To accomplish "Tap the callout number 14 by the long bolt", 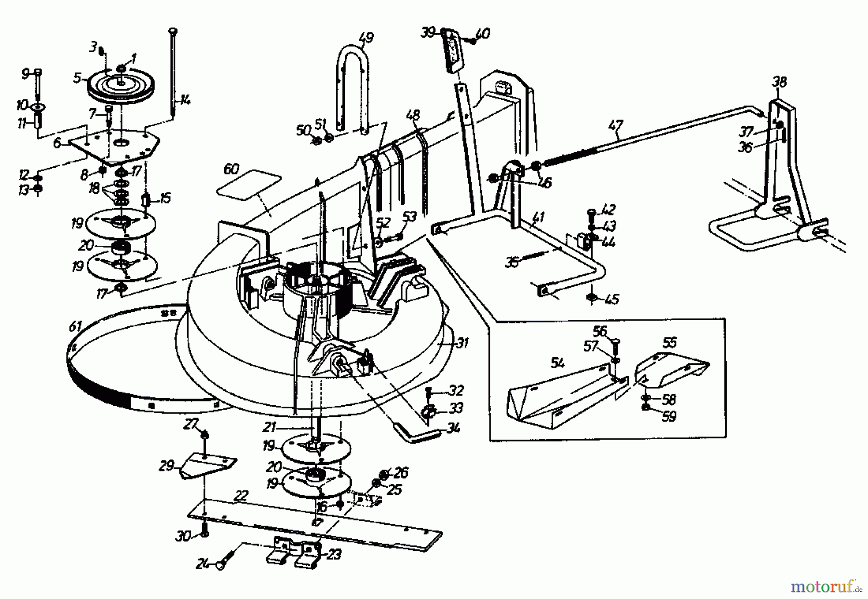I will point(186,101).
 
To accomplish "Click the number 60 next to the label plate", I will point(231,170).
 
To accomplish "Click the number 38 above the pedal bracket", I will point(779,82).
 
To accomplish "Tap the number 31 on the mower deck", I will point(462,344).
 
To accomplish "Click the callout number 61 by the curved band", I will point(75,327).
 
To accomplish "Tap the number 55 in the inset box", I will point(669,343).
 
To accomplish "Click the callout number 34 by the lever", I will point(453,427).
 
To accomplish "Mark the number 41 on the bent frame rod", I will point(538,217).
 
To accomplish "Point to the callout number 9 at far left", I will point(25,74).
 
